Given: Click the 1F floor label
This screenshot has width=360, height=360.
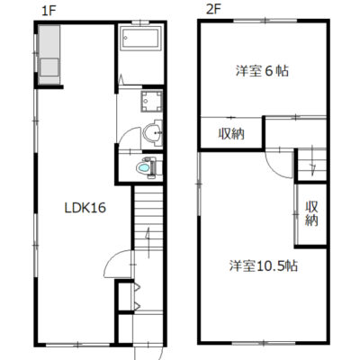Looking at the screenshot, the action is pos(49,11).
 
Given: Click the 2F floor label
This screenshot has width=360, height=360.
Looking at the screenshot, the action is pos(213,10).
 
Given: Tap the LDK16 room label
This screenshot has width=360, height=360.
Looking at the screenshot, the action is pos(85,208).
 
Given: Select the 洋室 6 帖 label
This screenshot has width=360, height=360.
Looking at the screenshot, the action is pos(262,71).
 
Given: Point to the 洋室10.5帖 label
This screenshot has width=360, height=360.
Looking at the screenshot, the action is pos(264,265).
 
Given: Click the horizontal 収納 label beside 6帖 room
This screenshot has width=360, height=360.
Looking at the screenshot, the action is pos(231,134).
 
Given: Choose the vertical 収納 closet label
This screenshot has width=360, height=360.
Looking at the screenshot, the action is pos(311,213).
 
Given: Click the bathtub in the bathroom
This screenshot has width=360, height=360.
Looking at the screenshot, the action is pos(140,38).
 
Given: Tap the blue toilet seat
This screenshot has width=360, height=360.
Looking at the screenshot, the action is pos(143,168).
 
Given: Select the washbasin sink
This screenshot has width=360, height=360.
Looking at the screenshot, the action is pos(153,132).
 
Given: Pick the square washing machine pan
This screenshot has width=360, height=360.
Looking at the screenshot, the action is pos(151,101).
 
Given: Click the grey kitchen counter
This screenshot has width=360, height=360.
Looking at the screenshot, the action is pos(49,55).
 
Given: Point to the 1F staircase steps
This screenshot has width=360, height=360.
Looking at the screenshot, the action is pos(148,217).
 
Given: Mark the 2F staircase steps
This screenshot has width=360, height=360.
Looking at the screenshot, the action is pos(311,165).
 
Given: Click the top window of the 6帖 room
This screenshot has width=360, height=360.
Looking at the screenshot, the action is pos(265,21).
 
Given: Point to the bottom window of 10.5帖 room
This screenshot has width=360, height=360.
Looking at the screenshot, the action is pos(264,343).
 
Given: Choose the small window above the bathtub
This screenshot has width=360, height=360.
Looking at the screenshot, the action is pos(140,22).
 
